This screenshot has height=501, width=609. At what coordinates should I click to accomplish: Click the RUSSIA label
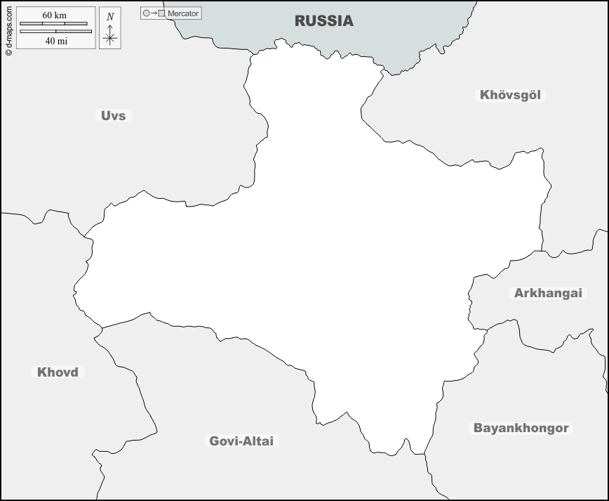[323, 21]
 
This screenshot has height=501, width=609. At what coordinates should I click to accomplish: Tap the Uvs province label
[113, 115]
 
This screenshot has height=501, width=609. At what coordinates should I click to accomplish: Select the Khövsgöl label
[511, 95]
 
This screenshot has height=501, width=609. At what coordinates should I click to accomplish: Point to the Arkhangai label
[548, 293]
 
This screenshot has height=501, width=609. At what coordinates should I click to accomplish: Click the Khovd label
[58, 372]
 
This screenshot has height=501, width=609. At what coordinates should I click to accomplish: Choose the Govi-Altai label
[242, 441]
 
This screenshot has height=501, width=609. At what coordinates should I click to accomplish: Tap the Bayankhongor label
[521, 428]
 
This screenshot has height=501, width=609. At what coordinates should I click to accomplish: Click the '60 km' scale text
[54, 15]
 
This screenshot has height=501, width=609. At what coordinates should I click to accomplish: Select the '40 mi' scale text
[55, 41]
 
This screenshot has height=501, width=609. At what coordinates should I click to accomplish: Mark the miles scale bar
[55, 31]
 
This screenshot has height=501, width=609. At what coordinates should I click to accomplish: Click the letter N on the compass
[109, 17]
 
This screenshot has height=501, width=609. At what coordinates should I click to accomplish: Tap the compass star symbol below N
[109, 39]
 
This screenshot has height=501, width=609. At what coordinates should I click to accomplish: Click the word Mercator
[183, 13]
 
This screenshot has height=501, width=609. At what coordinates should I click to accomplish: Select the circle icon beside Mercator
[146, 13]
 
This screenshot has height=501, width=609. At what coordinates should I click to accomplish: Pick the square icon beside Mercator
[162, 13]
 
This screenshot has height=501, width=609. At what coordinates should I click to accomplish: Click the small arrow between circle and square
[154, 13]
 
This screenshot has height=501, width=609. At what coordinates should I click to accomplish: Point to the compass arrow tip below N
[109, 25]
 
